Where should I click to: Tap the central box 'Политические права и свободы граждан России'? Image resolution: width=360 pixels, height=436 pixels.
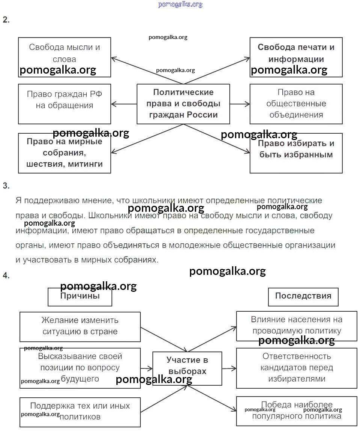183,104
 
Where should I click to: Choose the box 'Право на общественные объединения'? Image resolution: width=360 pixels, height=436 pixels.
296,104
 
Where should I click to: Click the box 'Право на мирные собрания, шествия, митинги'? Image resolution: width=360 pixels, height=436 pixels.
65,153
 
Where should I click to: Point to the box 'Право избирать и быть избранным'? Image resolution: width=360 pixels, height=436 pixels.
296,153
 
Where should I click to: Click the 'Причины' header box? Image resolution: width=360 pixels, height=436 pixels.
80,297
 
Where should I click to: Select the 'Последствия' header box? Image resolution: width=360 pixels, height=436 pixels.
303,297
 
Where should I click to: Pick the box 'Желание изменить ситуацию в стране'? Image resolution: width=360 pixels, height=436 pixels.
80,326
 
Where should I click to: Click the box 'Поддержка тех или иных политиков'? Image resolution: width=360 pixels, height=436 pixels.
80,412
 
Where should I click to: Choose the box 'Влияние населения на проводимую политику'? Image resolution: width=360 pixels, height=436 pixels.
297,326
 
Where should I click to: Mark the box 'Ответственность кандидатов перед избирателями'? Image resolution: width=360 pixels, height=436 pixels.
297,368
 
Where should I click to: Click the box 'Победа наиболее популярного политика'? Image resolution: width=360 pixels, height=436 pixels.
297,411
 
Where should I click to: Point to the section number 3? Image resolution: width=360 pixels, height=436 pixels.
6,186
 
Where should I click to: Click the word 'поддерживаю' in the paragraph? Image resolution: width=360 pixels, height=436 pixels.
50,201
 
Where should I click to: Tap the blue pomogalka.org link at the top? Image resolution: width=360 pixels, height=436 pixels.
180,5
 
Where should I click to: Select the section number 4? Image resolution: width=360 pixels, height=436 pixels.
6,276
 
